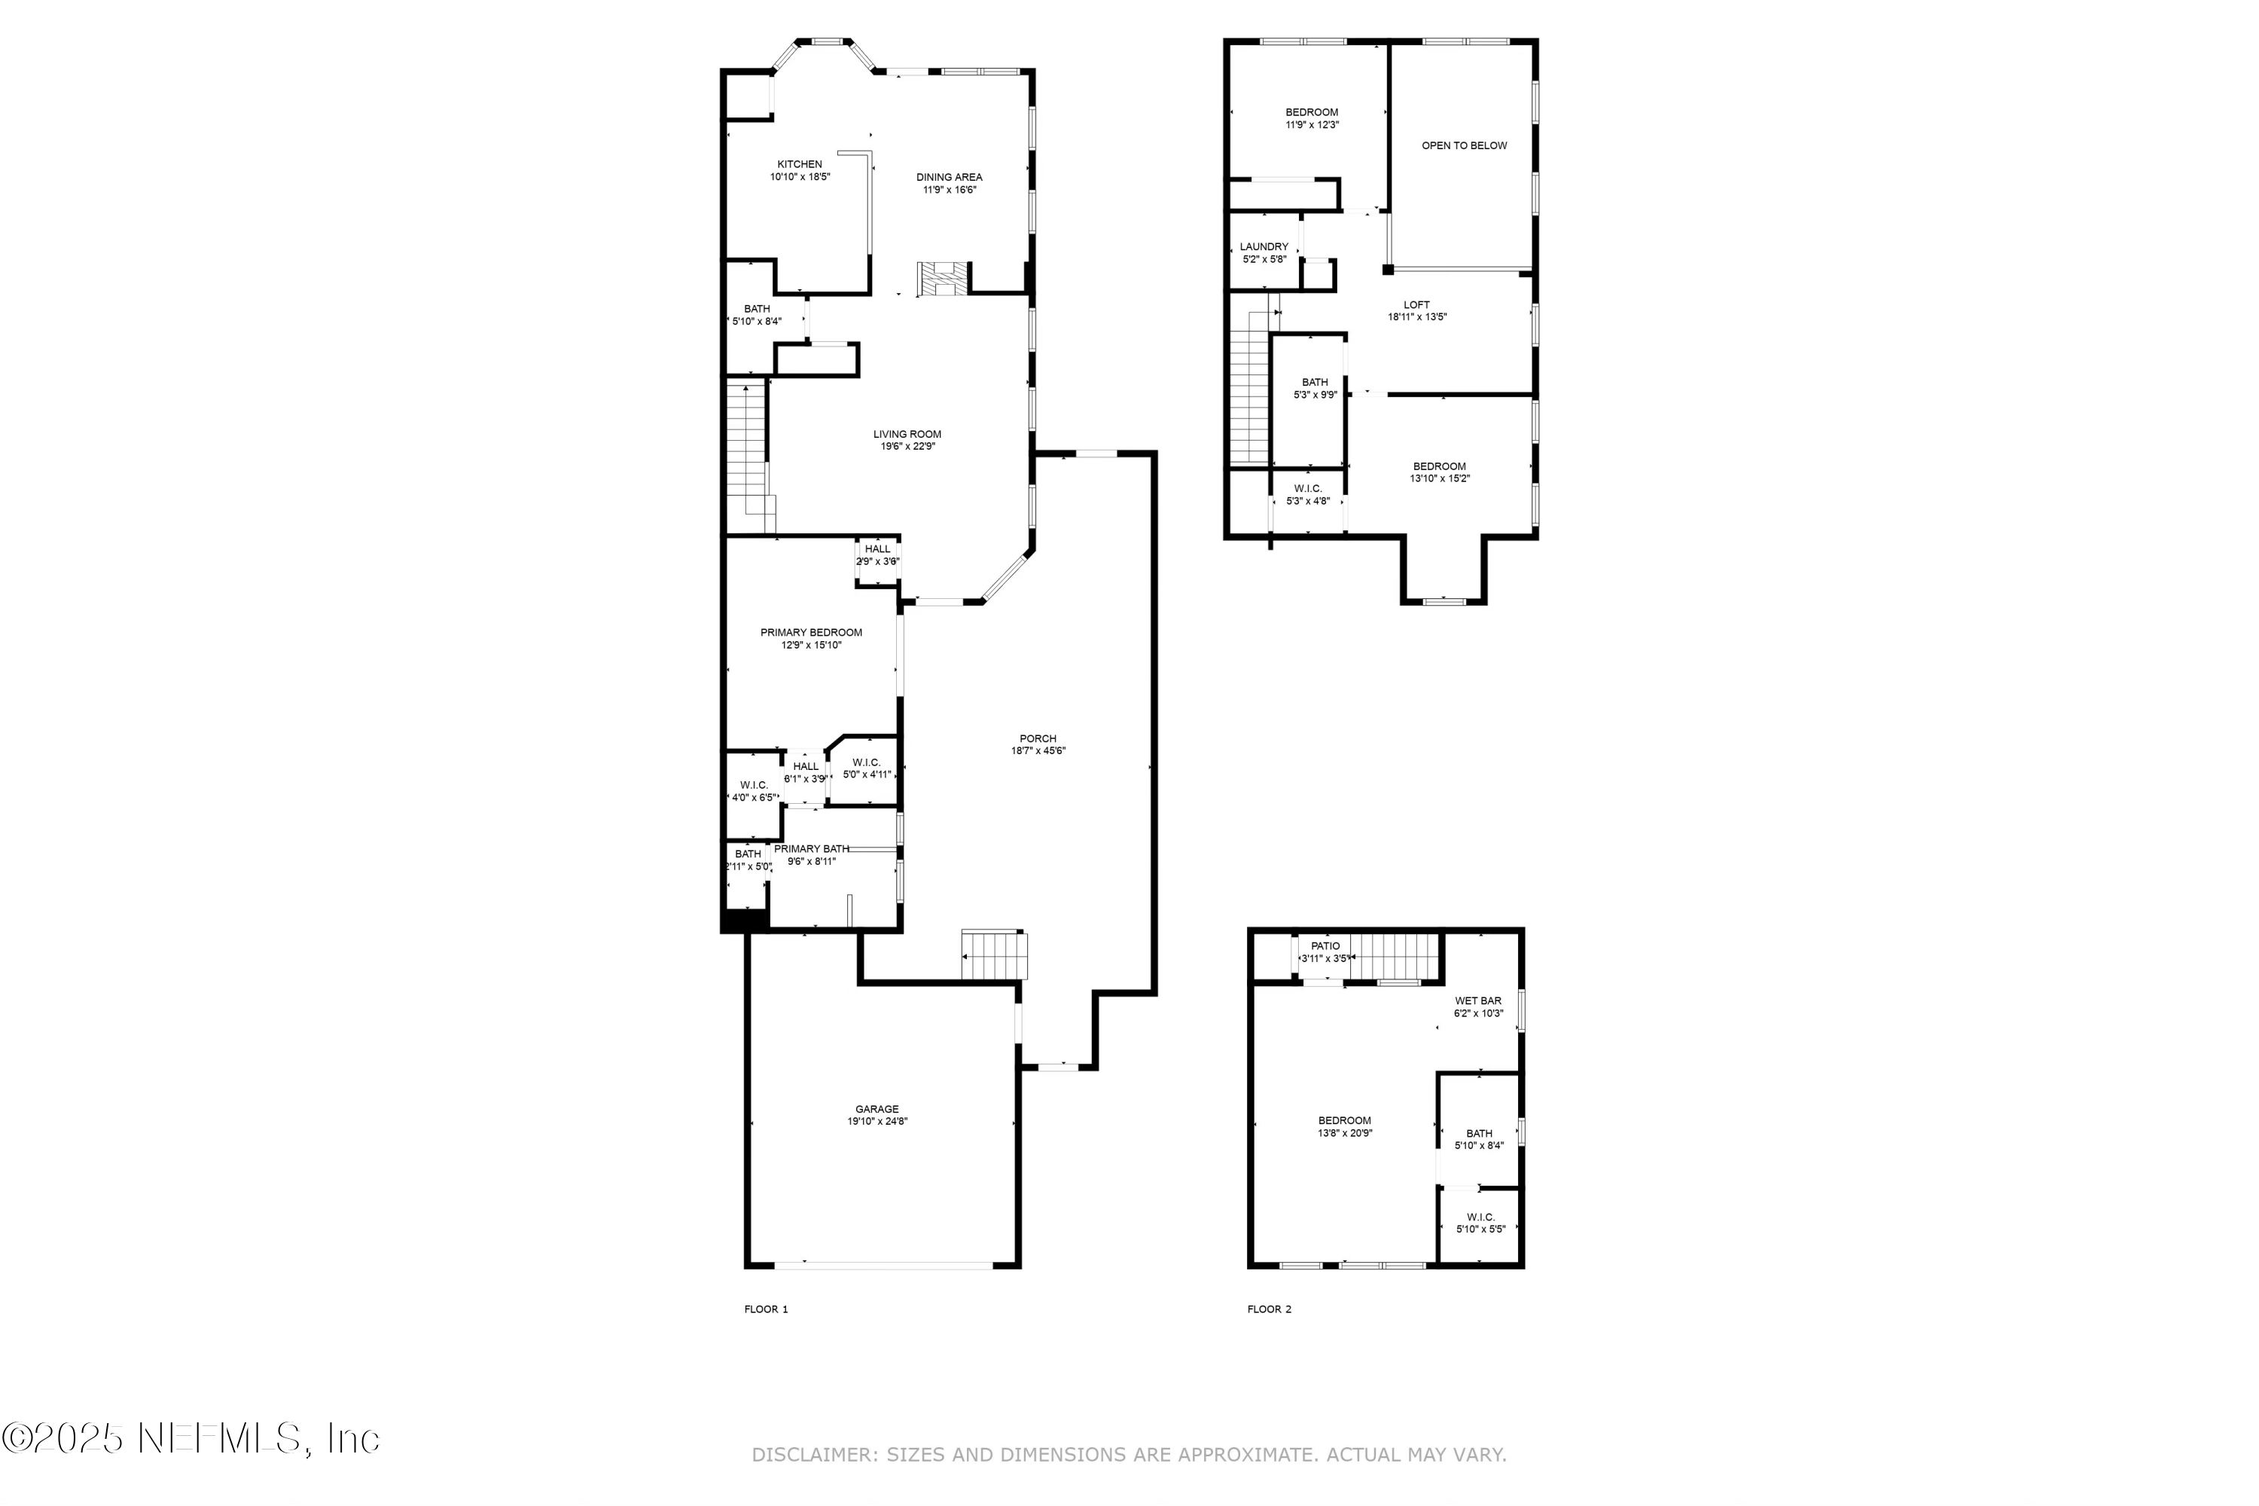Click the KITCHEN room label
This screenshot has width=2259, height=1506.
pyautogui.click(x=799, y=164)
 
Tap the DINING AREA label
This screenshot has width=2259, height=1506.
pyautogui.click(x=949, y=177)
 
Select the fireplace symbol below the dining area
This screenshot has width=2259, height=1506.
pyautogui.click(x=943, y=280)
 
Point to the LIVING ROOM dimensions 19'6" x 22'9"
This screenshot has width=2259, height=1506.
pyautogui.click(x=907, y=447)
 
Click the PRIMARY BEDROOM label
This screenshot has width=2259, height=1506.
pyautogui.click(x=810, y=632)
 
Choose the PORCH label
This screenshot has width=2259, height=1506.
pyautogui.click(x=1038, y=738)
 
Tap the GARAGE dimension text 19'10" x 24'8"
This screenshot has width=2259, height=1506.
pyautogui.click(x=876, y=1121)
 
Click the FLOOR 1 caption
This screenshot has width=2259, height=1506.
pyautogui.click(x=765, y=1309)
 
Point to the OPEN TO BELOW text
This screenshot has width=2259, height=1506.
pyautogui.click(x=1463, y=146)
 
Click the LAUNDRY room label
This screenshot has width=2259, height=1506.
pyautogui.click(x=1264, y=247)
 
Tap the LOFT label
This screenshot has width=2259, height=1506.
pyautogui.click(x=1416, y=304)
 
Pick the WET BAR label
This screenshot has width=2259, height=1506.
pyautogui.click(x=1477, y=1000)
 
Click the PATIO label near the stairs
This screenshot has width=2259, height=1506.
pyautogui.click(x=1325, y=946)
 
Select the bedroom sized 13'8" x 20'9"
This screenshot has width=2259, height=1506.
pyautogui.click(x=1344, y=1126)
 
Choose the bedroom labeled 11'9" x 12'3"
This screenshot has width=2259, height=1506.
pyautogui.click(x=1312, y=118)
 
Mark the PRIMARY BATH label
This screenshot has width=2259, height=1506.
pyautogui.click(x=811, y=848)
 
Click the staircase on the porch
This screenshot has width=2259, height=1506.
pyautogui.click(x=994, y=955)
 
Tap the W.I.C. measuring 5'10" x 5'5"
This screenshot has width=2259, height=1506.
pyautogui.click(x=1480, y=1223)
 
